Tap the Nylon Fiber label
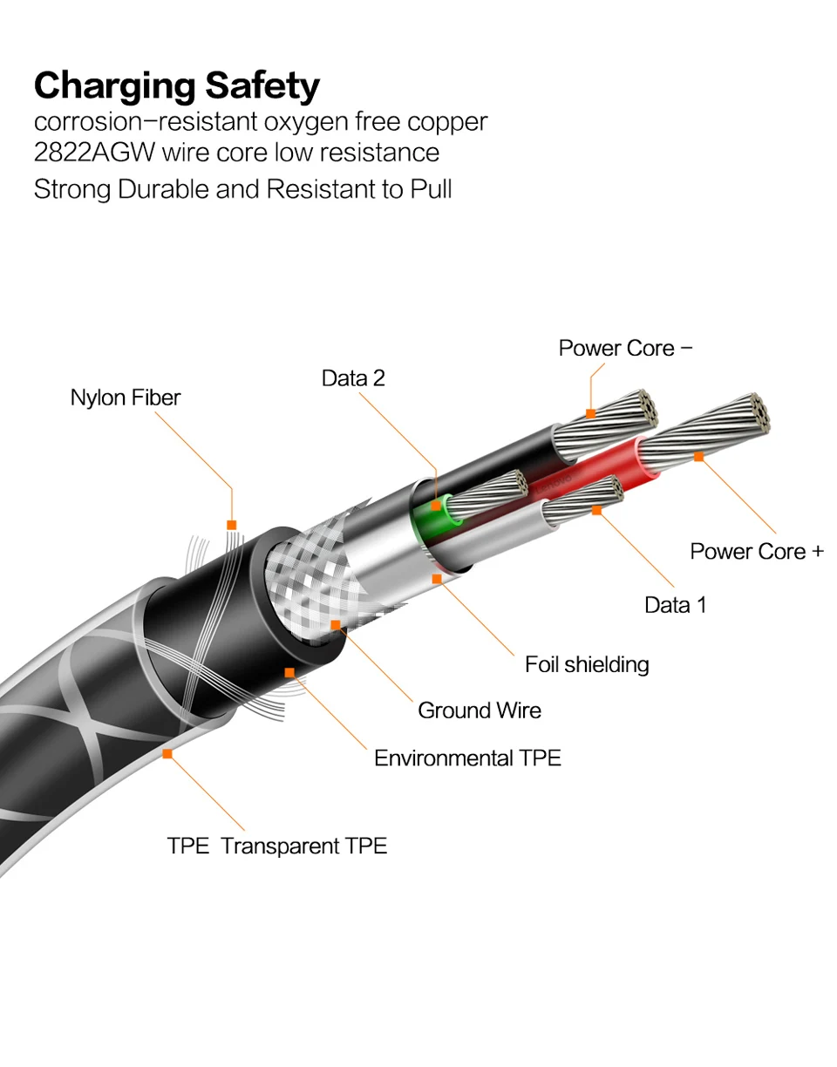(x=126, y=398)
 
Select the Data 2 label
(x=353, y=377)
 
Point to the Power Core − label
(x=625, y=348)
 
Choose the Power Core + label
(x=756, y=551)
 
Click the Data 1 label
(x=675, y=604)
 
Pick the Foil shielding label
(x=587, y=664)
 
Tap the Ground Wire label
(x=479, y=710)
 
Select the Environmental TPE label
(x=467, y=758)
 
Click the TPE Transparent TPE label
(x=277, y=846)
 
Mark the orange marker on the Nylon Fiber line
(x=231, y=525)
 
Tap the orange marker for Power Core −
(x=590, y=412)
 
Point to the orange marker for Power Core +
(x=698, y=456)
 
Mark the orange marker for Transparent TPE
(x=167, y=753)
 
